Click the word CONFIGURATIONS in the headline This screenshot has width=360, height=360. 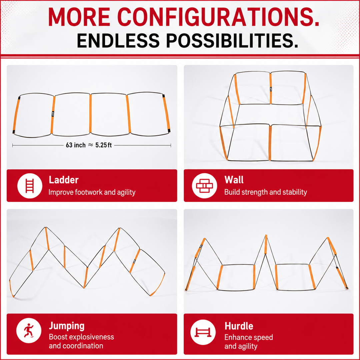click(218, 17)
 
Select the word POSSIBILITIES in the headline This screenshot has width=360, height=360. click(232, 41)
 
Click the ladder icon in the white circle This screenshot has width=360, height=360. click(30, 186)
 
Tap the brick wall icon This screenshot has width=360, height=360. click(204, 186)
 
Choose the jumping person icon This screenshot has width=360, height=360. click(29, 330)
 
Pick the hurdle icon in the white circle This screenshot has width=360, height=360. click(203, 332)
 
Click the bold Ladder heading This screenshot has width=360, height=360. click(64, 180)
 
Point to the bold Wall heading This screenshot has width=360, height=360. click(234, 180)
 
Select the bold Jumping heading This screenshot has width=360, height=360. click(67, 326)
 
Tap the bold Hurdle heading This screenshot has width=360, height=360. click(239, 326)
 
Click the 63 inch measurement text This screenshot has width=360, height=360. click(76, 145)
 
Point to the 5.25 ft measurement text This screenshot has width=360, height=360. click(104, 145)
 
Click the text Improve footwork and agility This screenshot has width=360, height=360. click(92, 192)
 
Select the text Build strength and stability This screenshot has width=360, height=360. click(265, 192)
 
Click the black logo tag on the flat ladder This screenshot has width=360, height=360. click(53, 114)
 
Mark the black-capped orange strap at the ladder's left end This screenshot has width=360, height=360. click(16, 115)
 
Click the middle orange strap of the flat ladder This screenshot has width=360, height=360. click(90, 113)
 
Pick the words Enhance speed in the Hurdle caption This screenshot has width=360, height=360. click(249, 337)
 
